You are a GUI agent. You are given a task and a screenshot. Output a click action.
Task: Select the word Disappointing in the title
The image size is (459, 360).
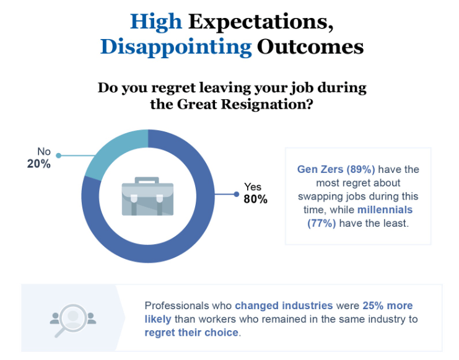tap(176, 47)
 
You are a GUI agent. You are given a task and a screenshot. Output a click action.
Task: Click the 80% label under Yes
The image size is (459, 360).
tap(255, 199)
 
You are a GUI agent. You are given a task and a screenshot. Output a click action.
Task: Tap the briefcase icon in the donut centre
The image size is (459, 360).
tap(147, 197)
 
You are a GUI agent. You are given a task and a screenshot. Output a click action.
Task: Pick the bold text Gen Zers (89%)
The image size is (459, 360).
tap(336, 169)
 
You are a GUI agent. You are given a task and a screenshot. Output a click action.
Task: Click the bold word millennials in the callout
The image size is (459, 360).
tap(385, 210)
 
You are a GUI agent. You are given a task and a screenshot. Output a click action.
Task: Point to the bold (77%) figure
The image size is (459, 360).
tap(322, 223)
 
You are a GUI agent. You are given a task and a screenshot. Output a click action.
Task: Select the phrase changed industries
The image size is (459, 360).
tap(284, 306)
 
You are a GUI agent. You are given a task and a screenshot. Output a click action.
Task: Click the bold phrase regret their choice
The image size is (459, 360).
tap(191, 332)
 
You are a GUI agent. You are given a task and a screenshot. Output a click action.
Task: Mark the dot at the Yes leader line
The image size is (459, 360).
tap(236, 194)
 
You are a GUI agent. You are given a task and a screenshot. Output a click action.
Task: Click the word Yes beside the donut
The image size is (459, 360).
tap(253, 187)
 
